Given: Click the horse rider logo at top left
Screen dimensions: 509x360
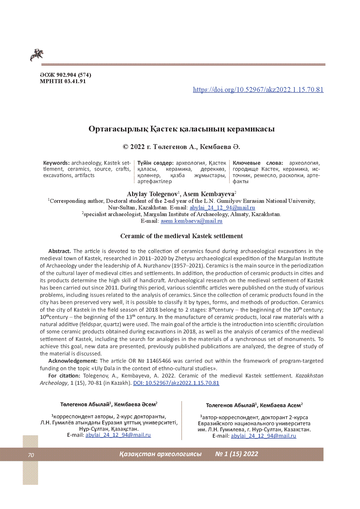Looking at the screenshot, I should (37, 55).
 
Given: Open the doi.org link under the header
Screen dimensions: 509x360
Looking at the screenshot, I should (258, 89).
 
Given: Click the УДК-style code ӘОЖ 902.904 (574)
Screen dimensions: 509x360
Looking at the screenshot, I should (66, 75).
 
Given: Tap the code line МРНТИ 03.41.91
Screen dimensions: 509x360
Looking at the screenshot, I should (63, 81).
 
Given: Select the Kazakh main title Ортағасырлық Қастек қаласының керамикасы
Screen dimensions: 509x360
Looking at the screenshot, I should (181, 129).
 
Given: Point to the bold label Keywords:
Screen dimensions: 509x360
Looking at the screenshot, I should (56, 163).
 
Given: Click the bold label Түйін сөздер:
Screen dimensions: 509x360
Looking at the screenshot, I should (155, 163).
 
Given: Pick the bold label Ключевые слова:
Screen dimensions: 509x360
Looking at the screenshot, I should (258, 163).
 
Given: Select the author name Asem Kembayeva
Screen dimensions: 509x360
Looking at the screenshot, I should (208, 194).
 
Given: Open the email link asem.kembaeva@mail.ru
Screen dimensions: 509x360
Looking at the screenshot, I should (191, 221).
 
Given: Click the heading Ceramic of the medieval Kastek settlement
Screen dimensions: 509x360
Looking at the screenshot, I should (181, 236).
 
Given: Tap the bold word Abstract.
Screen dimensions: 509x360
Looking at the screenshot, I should (60, 251).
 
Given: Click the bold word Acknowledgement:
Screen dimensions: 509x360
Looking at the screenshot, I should (73, 361).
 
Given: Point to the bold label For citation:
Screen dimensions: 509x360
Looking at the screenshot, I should (64, 376).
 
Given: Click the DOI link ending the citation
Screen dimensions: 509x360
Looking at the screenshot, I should (176, 383).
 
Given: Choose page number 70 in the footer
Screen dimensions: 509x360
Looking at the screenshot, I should (31, 455).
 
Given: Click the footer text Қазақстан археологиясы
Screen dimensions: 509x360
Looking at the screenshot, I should (160, 454).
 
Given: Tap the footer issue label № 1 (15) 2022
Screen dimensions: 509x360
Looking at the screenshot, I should (237, 454).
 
